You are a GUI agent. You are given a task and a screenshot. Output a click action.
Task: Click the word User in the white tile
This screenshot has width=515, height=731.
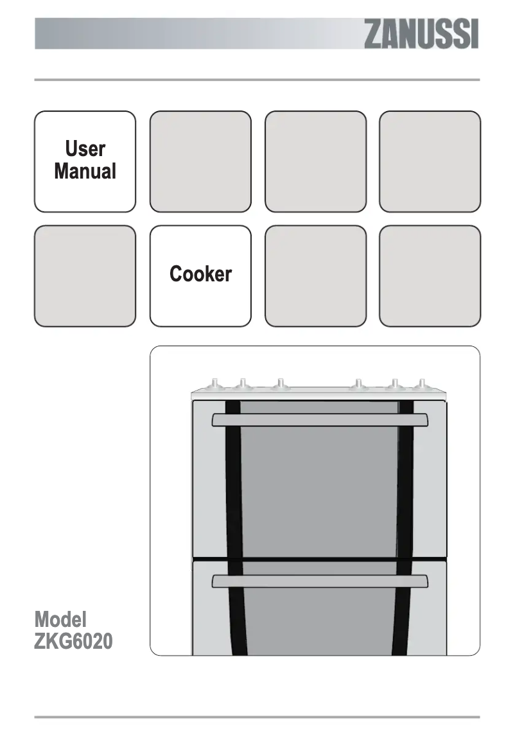85,149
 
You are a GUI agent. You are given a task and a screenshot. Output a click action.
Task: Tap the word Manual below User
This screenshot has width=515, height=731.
85,172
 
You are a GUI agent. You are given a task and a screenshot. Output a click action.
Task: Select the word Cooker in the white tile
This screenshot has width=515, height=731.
200,274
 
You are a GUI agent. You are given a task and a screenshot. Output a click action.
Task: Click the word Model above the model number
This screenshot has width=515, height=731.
60,619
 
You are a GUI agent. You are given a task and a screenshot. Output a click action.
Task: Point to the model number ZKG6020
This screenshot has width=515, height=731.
74,642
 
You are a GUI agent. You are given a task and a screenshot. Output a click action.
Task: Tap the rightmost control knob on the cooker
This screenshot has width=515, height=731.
421,385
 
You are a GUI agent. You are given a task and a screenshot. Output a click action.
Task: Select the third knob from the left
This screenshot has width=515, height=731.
279,385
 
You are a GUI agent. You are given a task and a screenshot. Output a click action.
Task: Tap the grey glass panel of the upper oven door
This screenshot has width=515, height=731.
319,488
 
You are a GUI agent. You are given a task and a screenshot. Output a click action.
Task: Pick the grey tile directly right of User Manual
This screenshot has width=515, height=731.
200,161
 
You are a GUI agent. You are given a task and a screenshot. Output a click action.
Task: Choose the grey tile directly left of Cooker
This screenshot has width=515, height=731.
85,276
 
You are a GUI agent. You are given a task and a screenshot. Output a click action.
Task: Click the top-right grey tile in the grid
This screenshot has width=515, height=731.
430,161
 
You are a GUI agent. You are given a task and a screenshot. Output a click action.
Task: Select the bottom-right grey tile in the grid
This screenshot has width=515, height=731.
430,276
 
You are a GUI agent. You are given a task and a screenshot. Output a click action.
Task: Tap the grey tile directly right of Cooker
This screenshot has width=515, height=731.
315,276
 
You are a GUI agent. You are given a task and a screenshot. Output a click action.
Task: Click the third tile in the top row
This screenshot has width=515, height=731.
315,161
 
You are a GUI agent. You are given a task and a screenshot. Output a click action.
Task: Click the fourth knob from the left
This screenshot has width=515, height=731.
358,385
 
